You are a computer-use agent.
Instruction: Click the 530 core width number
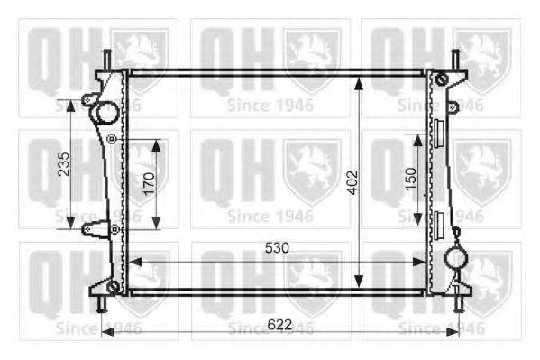277,247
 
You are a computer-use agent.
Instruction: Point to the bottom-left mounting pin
101,304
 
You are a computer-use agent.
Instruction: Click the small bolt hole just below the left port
111,138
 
